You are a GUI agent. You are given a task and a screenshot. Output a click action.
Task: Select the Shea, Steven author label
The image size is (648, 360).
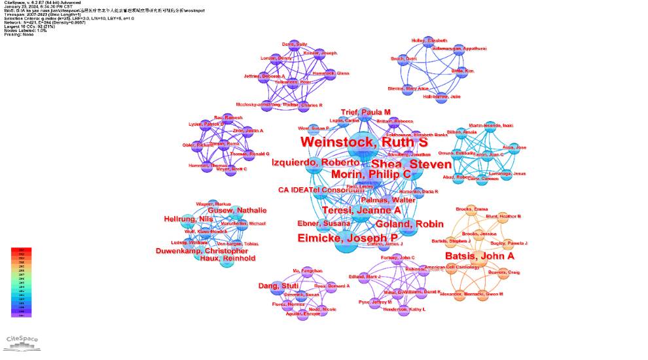pos(411,164)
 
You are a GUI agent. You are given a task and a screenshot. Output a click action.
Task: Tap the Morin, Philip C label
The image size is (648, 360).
pos(370,174)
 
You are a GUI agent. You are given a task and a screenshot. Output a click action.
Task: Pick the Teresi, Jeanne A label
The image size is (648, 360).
pos(361,210)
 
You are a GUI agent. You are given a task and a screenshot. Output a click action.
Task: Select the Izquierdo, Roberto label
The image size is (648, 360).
pos(315,162)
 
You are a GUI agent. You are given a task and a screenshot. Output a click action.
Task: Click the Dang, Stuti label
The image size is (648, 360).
pos(278,286)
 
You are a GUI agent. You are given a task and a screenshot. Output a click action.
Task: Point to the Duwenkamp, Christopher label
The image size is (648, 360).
pos(202,251)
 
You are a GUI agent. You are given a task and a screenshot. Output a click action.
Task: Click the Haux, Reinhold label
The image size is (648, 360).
pos(227,259)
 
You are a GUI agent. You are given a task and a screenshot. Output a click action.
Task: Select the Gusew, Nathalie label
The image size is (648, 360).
pos(238,210)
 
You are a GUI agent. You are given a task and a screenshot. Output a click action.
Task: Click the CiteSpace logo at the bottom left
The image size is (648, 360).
pos(22,340)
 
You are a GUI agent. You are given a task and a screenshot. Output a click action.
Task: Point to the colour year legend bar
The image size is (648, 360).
pos(22,282)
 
